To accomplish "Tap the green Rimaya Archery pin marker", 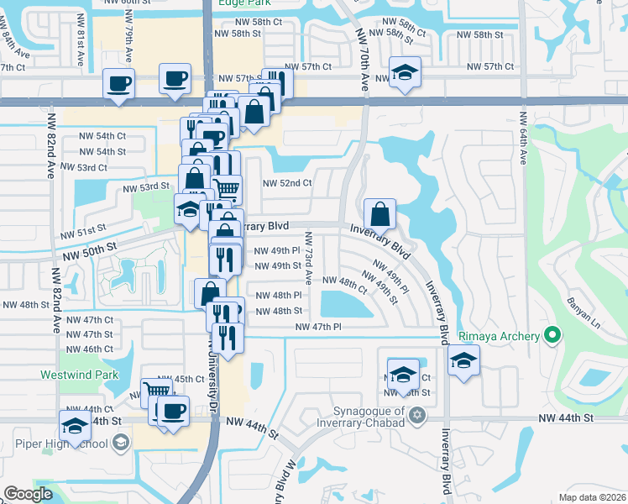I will pos(552,337).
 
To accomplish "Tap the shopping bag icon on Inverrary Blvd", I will pos(380,214).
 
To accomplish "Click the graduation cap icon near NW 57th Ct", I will pos(405,72).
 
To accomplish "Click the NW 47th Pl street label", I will pos(318,327).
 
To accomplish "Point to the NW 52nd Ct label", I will pos(287,183).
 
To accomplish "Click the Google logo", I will pos(29,493).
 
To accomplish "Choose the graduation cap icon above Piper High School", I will pos(76,426).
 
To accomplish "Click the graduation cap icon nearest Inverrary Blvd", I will pos(463,362).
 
